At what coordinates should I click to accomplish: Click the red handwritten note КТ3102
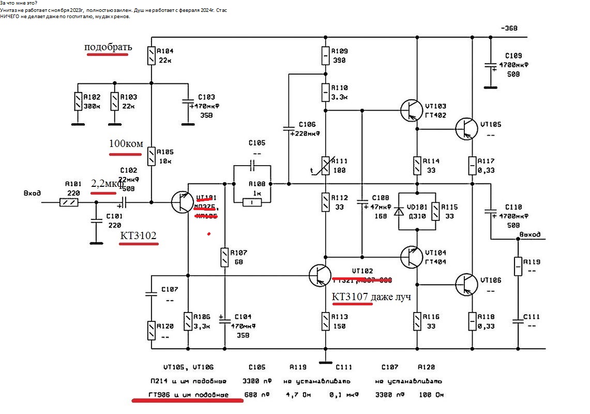[x=138, y=236]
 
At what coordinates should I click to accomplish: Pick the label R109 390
[x=340, y=56]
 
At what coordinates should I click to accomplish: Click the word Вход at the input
[x=32, y=193]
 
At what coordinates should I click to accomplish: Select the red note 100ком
[x=126, y=143]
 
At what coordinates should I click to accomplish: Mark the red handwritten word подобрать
[x=108, y=47]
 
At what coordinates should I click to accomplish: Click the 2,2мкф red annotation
[x=107, y=183]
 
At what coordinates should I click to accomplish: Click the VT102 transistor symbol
[x=320, y=276]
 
